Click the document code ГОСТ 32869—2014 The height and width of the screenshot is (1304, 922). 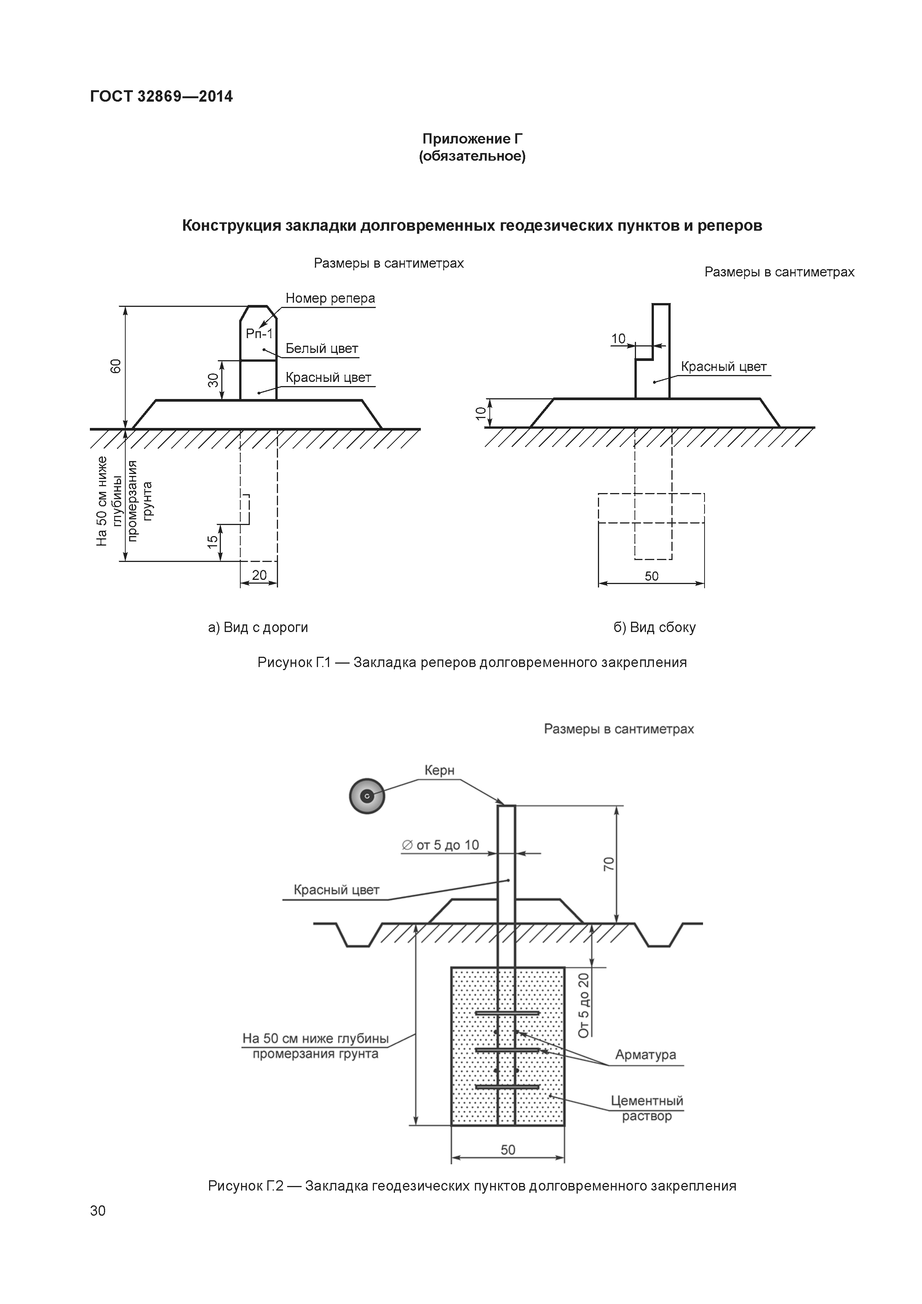161,97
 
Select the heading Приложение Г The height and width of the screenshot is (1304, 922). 472,139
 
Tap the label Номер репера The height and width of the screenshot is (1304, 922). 330,298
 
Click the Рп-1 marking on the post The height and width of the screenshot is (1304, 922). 259,334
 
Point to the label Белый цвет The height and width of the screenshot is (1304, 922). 321,349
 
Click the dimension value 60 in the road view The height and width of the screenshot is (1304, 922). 116,366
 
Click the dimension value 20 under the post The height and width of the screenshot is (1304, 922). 259,575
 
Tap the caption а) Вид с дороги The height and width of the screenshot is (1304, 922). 258,627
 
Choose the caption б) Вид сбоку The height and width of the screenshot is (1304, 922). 654,627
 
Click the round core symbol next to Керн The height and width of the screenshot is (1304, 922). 367,796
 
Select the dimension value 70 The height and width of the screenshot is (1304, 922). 609,864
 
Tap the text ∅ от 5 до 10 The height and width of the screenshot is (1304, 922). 440,845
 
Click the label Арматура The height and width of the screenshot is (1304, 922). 646,1055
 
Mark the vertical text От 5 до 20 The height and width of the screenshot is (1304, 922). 584,1005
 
